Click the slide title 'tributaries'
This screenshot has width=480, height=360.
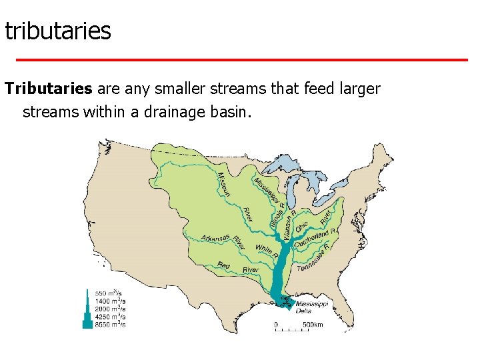[x=57, y=31]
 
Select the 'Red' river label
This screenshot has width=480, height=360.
[x=224, y=266]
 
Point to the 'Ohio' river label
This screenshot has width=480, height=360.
[x=301, y=227]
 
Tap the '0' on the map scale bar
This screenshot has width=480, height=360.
[x=276, y=325]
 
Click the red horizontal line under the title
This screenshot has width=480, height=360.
[x=241, y=60]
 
